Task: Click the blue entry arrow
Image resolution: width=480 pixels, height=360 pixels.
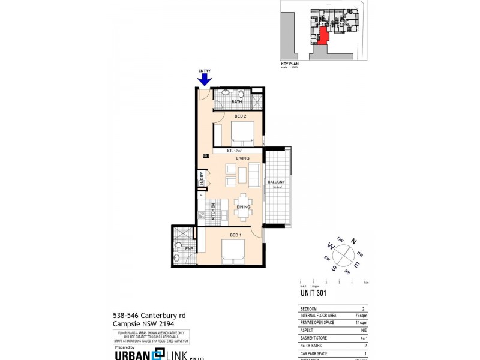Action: point(205,79)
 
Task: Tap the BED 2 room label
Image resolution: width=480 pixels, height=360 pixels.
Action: point(241,115)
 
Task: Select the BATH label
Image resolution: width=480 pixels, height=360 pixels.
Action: point(237,102)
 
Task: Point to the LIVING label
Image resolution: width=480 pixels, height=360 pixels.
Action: point(242,158)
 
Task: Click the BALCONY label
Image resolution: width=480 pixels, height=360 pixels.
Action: point(276,182)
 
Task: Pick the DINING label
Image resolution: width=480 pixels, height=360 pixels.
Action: point(244,207)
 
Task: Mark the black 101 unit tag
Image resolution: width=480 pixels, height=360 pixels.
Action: point(206,156)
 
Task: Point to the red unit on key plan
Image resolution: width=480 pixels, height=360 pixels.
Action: point(322,35)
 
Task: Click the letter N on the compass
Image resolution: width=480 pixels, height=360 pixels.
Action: point(353,241)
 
